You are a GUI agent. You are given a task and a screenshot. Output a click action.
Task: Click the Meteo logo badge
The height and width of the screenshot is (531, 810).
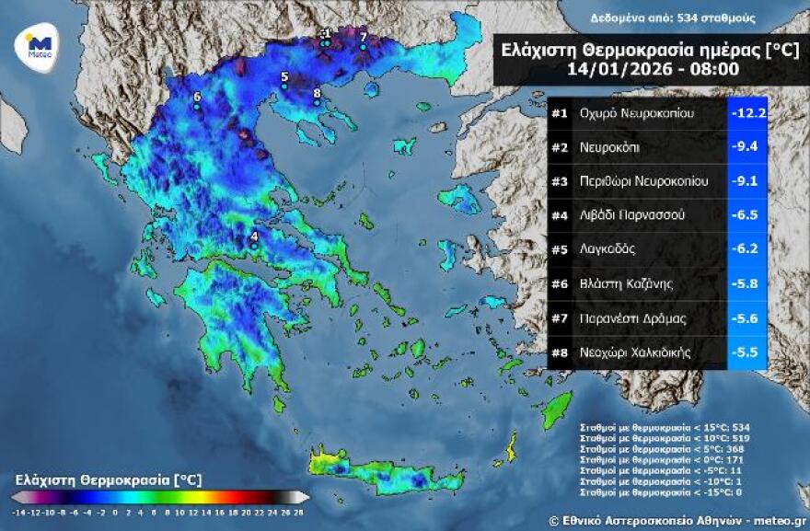click(x=37, y=45)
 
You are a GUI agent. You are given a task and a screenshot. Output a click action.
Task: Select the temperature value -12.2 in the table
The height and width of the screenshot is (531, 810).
click(x=748, y=113)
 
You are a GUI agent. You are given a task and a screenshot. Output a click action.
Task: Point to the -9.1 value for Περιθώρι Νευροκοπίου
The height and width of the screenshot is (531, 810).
click(x=748, y=181)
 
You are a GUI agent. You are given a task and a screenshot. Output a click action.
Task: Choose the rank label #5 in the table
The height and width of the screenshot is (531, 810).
click(x=560, y=249)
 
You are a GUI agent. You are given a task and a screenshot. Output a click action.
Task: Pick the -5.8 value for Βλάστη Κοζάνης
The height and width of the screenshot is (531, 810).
click(x=748, y=283)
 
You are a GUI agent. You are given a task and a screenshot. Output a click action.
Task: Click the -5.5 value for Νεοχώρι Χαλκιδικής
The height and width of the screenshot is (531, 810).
click(x=748, y=352)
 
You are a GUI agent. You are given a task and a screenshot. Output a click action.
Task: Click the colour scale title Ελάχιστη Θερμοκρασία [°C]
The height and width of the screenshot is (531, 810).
click(x=108, y=480)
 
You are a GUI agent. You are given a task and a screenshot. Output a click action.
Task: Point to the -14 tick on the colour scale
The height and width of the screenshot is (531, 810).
click(x=19, y=510)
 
